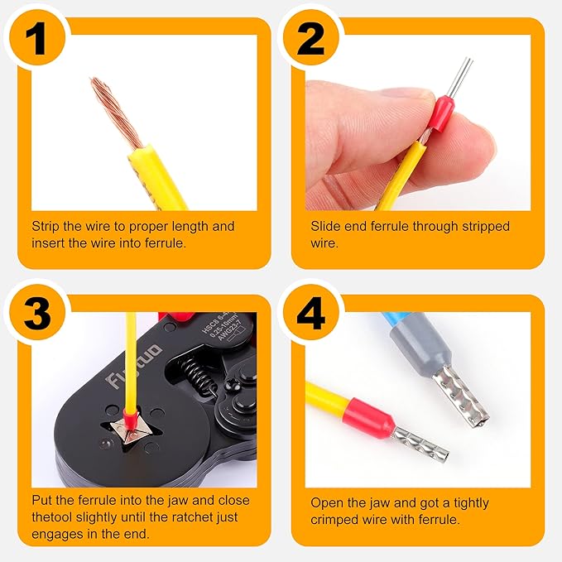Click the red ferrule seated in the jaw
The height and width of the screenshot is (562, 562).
point(130,411)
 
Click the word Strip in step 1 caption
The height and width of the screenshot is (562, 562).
point(46,226)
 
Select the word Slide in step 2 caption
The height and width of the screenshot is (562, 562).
point(326,226)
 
